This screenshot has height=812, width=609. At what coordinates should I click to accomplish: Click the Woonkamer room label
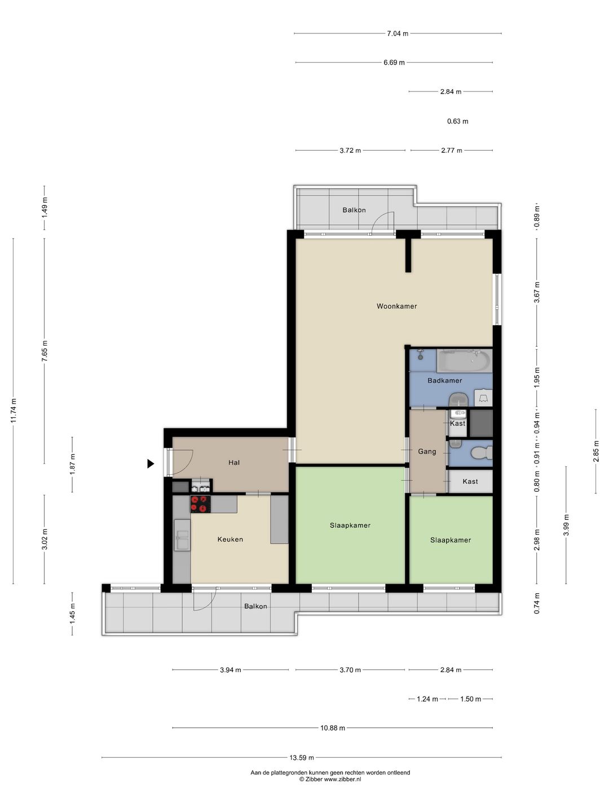(396, 306)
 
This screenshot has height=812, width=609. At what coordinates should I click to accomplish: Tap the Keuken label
(230, 539)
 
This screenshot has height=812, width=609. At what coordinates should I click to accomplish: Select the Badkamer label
(444, 380)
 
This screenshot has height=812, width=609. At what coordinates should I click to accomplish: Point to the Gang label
(427, 451)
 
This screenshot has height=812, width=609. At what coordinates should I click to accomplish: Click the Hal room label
(234, 462)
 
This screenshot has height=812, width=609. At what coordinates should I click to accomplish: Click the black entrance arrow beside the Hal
(151, 464)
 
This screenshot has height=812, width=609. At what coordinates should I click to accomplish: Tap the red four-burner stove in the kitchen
(200, 504)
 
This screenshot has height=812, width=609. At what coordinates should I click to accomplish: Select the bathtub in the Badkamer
(464, 361)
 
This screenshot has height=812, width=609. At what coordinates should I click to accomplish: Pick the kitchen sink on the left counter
(182, 535)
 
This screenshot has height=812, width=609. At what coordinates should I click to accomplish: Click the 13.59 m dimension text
(301, 754)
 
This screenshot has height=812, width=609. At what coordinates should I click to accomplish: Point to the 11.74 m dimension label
(14, 411)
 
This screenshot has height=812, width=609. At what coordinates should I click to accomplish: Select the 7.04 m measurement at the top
(398, 34)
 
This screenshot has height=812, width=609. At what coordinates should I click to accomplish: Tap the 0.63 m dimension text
(457, 121)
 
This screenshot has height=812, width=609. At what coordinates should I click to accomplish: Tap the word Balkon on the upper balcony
(354, 210)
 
